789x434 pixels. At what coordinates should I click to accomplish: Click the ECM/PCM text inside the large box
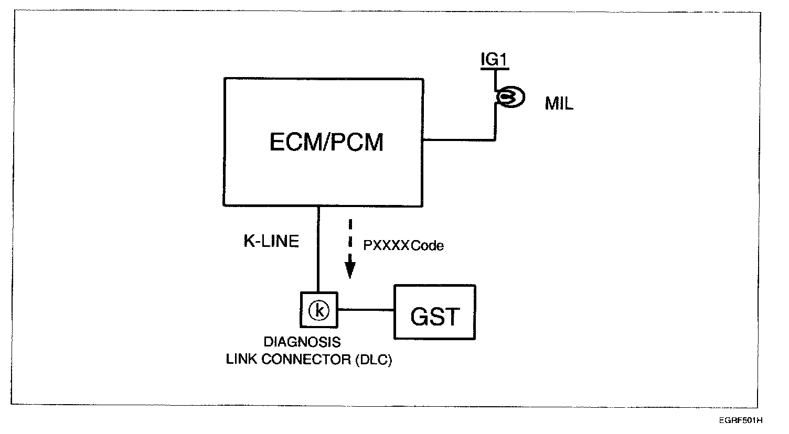(x=326, y=142)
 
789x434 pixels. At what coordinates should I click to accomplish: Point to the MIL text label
(x=559, y=104)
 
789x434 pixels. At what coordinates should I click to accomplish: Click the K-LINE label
(x=271, y=241)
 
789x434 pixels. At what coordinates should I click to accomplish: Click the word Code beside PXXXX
(x=427, y=245)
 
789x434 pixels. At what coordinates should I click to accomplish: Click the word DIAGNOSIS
(x=302, y=342)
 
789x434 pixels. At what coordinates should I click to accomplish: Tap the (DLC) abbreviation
(x=372, y=360)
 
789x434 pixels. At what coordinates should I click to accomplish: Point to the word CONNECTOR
(x=306, y=360)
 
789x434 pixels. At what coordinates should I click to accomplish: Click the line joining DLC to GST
(x=365, y=310)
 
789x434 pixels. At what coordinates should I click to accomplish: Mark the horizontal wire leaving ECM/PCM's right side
(x=459, y=140)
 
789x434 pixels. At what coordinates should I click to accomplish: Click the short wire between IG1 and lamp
(x=495, y=80)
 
